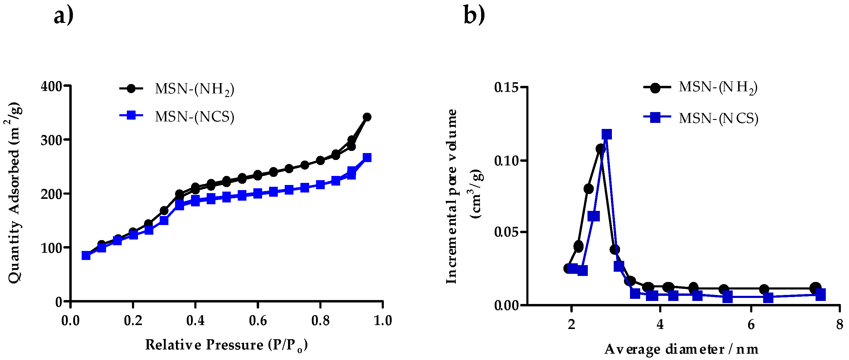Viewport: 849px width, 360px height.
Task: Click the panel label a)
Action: tap(63, 15)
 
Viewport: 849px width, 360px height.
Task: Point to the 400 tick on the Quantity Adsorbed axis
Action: tap(52, 87)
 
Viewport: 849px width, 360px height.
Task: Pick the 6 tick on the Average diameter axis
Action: tap(751, 325)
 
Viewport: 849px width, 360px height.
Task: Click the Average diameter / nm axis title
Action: tap(681, 349)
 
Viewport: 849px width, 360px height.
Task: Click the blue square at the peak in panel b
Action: tap(607, 134)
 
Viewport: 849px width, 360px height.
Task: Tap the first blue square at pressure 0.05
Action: tap(86, 255)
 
